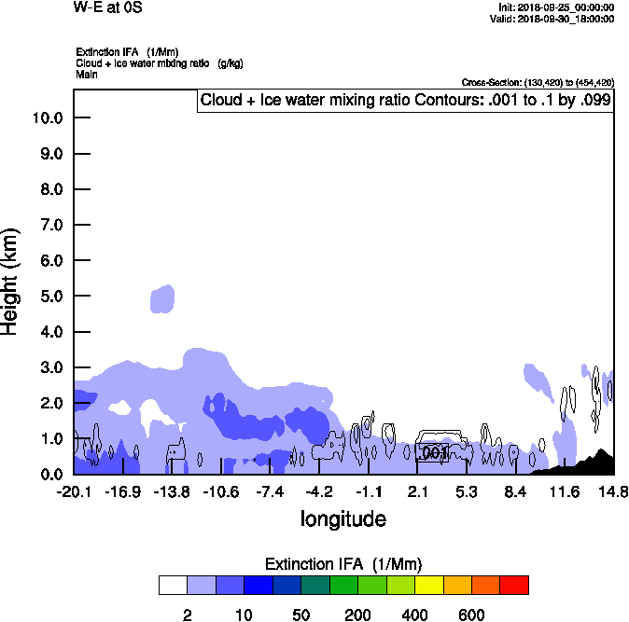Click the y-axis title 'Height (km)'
pyautogui.click(x=11, y=282)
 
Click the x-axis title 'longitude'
pyautogui.click(x=342, y=518)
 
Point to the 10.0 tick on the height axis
pyautogui.click(x=46, y=117)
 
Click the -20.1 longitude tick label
pyautogui.click(x=73, y=491)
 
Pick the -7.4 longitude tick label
pyautogui.click(x=270, y=491)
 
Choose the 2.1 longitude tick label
pyautogui.click(x=417, y=491)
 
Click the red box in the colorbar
pyautogui.click(x=514, y=585)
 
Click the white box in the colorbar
pyautogui.click(x=172, y=585)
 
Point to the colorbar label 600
pyautogui.click(x=471, y=615)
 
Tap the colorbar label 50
pyautogui.click(x=301, y=615)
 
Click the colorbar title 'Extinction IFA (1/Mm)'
pyautogui.click(x=342, y=564)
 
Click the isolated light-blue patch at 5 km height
pyautogui.click(x=162, y=299)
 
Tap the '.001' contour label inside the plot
pyautogui.click(x=434, y=452)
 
